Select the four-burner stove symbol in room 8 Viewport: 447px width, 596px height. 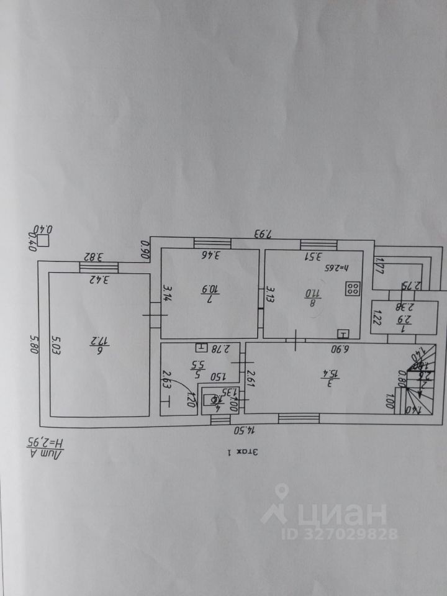point(353,288)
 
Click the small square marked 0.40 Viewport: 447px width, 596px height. point(43,240)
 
